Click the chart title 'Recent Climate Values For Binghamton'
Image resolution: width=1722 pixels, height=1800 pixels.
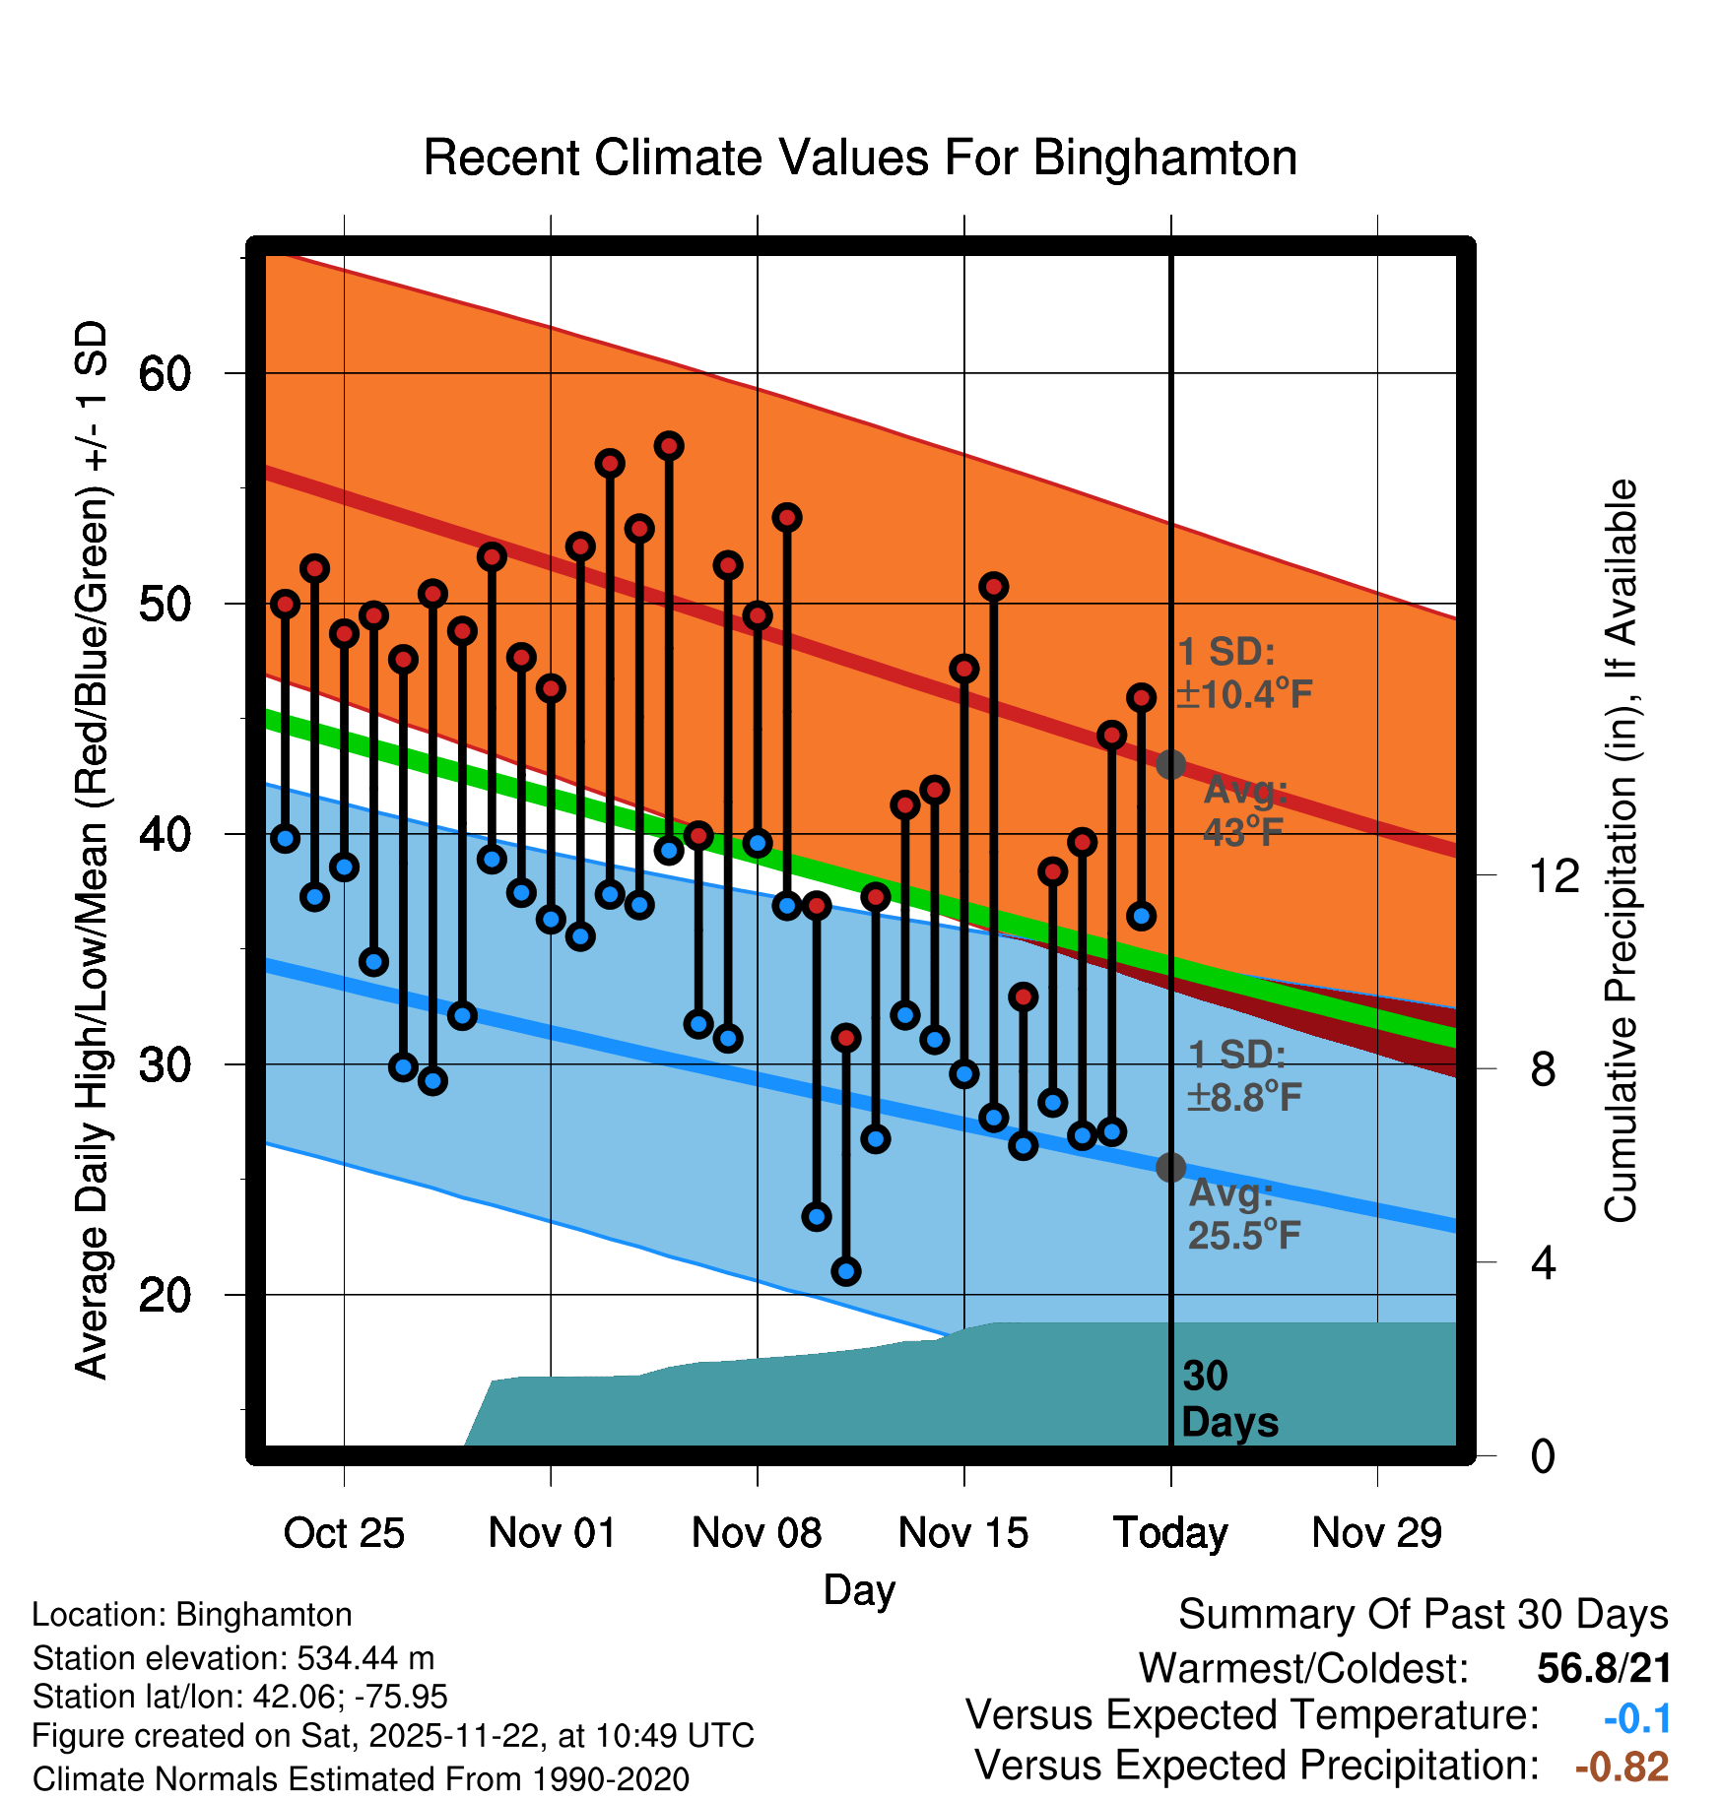point(860,158)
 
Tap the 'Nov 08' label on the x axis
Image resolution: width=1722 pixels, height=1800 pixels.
point(757,1533)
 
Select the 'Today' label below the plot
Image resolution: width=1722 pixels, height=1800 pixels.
point(1170,1533)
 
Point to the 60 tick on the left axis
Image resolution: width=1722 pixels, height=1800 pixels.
point(165,374)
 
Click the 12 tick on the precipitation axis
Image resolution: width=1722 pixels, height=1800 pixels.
point(1554,875)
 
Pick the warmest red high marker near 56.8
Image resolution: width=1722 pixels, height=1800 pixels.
point(669,446)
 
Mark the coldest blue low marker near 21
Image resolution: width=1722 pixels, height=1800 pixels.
point(846,1271)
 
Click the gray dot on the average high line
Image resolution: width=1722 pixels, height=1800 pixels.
point(1170,764)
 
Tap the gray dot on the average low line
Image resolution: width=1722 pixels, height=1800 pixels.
point(1170,1167)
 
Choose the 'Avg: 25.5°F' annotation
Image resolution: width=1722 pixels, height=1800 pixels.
point(1243,1215)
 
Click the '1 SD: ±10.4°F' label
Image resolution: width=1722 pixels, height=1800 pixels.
point(1244,674)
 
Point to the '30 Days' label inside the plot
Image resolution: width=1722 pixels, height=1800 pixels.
point(1228,1399)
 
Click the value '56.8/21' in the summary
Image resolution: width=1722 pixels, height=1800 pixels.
point(1604,1668)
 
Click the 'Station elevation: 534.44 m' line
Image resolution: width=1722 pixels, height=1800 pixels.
point(233,1658)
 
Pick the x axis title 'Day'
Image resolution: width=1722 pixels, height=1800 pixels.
point(859,1589)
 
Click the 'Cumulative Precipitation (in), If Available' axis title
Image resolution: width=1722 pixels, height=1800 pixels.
point(1620,851)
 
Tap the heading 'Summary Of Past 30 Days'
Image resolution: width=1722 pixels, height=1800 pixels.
point(1423,1615)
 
